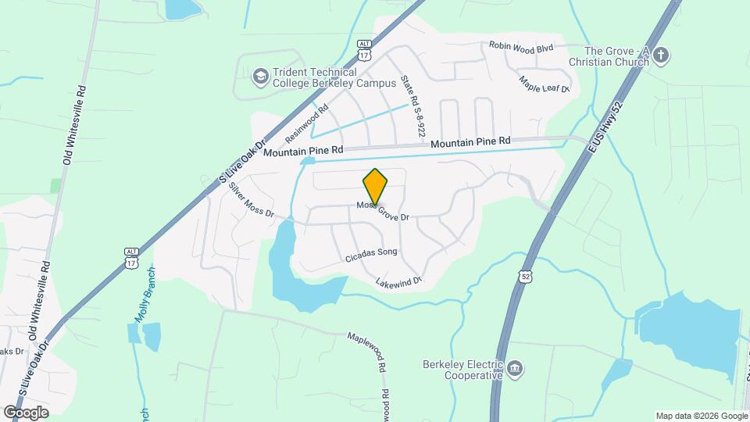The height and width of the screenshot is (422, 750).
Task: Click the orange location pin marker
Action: coord(375,186)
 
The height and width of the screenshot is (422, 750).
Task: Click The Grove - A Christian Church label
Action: coord(609,55)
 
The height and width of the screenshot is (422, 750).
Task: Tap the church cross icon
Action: coord(661,55)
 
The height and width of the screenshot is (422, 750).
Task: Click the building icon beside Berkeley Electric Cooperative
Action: coord(515,369)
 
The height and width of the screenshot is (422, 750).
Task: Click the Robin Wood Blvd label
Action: coord(521,48)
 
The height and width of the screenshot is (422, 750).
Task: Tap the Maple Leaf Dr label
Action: coord(545,84)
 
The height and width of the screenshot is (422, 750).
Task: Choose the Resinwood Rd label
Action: coord(307,125)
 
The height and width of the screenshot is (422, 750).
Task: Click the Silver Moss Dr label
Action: coord(252,201)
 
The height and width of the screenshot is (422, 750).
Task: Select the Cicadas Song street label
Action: coord(371,253)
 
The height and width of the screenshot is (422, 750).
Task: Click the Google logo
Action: coord(26,412)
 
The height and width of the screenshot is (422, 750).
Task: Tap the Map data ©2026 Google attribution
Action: coord(700,416)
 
